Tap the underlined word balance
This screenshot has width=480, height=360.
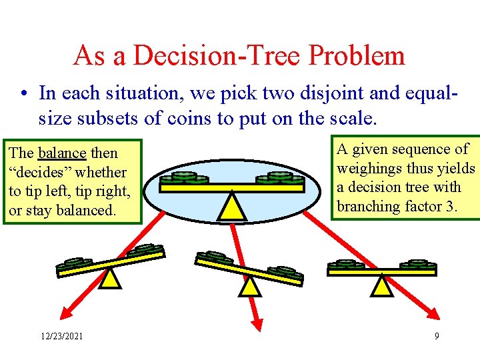click(x=62, y=153)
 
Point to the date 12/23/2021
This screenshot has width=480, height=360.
click(x=61, y=337)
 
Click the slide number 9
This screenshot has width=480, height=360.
click(x=437, y=337)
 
